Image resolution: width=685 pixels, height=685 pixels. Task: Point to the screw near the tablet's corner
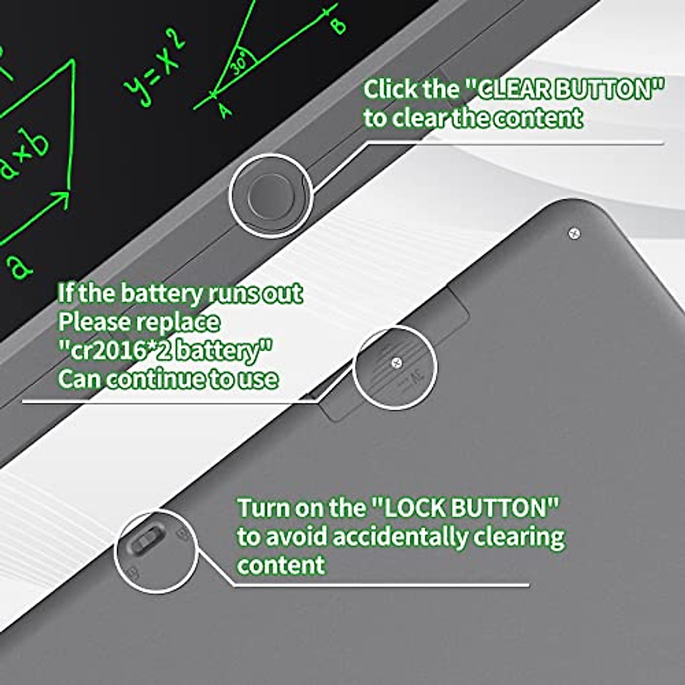[x=575, y=233]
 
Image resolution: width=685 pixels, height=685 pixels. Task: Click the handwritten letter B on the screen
[x=339, y=26]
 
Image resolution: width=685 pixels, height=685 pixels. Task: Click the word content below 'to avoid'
[x=281, y=565]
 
